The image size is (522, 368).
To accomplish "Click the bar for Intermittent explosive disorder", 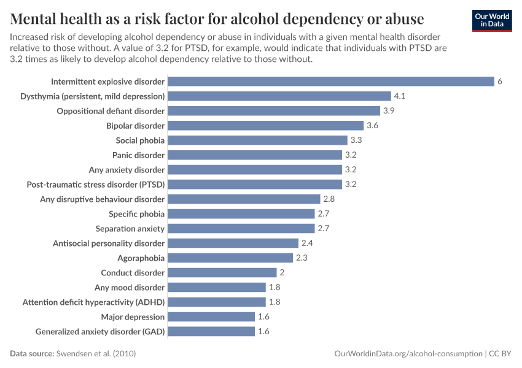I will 330,82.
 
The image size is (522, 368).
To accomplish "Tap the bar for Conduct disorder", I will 222,273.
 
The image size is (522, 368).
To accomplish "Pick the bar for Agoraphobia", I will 230,258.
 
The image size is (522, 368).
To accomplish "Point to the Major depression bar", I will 211,317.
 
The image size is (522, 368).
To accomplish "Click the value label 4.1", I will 400,96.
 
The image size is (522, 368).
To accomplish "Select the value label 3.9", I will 389,111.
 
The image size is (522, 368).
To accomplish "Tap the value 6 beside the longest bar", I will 500,82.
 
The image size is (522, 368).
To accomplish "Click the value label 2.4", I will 307,243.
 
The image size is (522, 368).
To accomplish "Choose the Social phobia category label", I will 140,140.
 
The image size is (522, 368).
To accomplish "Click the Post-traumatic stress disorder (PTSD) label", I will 96,185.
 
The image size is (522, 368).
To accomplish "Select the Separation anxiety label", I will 130,229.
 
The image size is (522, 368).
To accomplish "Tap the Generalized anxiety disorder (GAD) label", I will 100,332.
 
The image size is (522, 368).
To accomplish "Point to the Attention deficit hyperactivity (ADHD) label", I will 93,302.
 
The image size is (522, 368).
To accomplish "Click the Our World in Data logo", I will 492,21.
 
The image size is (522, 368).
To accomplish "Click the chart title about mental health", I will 217,17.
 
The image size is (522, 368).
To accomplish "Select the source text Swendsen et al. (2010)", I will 96,354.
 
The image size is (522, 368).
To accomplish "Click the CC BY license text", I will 500,354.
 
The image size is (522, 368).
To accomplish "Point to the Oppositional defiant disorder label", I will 111,111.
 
